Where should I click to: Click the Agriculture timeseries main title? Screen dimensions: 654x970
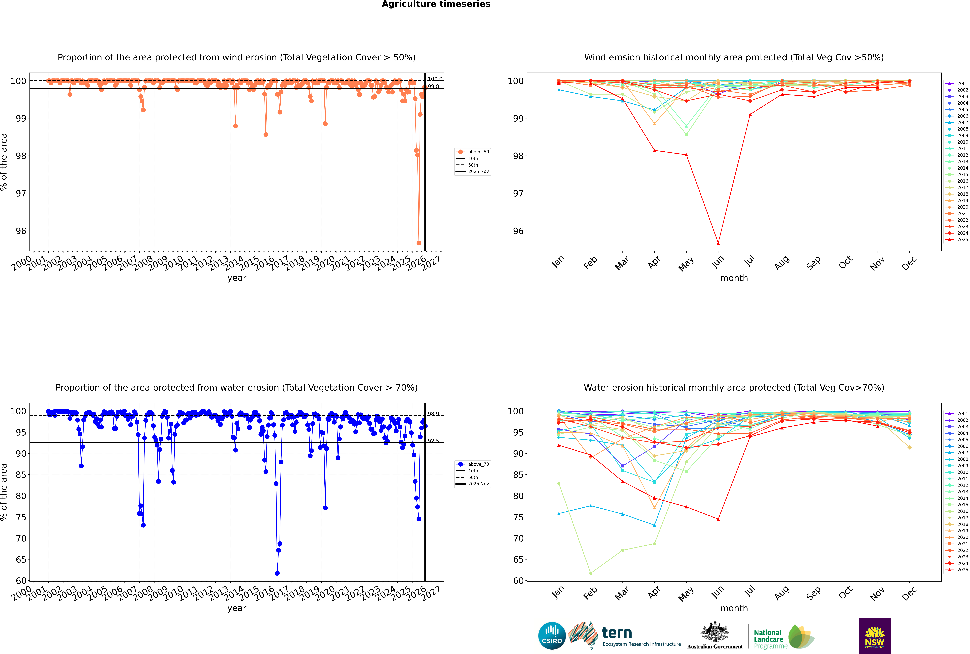point(436,4)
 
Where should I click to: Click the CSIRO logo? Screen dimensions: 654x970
point(552,636)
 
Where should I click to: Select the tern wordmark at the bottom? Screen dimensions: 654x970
point(617,633)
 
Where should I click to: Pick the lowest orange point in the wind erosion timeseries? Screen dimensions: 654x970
point(419,243)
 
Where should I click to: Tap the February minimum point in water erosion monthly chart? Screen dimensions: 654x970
point(591,573)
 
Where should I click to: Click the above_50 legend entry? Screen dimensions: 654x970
point(478,152)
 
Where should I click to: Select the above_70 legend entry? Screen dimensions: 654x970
point(478,464)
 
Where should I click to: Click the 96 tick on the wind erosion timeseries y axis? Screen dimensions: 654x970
point(21,231)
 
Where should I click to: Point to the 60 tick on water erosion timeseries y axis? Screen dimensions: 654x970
point(21,581)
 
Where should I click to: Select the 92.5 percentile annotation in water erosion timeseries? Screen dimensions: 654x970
point(433,441)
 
